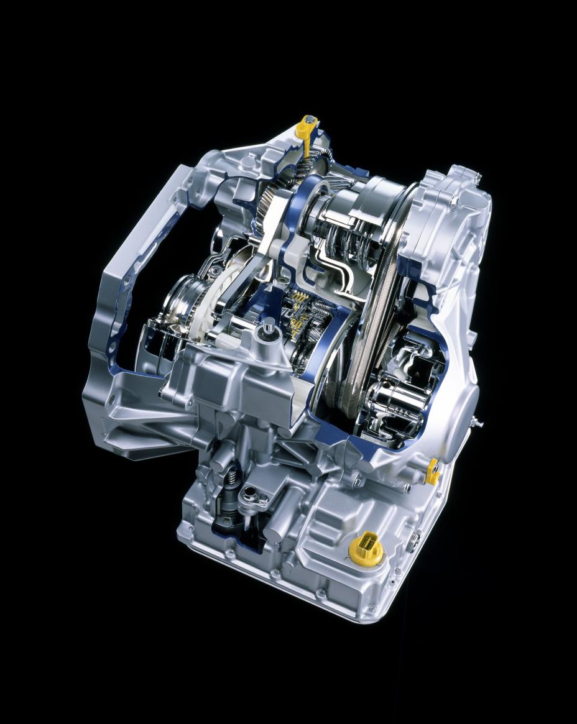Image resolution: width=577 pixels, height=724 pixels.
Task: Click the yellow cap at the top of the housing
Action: point(307,126)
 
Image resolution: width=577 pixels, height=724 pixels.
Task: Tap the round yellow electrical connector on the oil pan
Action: point(363,547)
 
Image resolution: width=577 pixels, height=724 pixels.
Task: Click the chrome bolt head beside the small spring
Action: point(251,494)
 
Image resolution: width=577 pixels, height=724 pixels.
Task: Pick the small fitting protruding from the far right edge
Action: point(479,423)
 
